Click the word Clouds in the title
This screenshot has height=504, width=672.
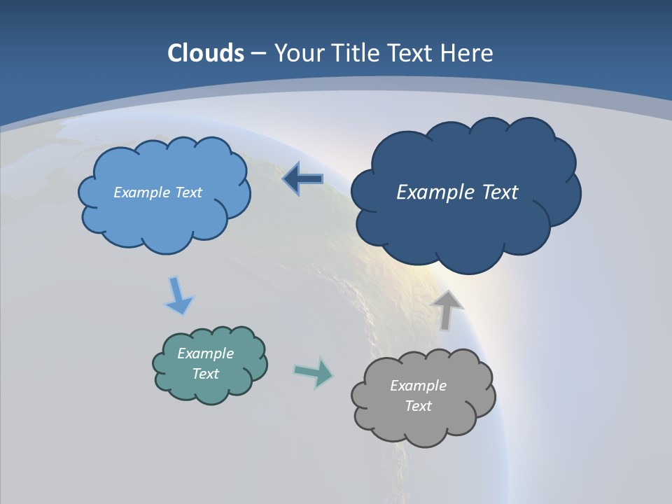[206, 52]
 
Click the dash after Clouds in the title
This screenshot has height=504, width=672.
[258, 53]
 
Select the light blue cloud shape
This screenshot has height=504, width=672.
[164, 217]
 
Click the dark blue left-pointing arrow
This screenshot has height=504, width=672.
[302, 179]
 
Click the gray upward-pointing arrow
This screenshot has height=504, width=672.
[447, 309]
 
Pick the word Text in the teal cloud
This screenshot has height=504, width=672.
[206, 374]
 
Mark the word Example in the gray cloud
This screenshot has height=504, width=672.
[418, 386]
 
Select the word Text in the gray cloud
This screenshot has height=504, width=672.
[418, 406]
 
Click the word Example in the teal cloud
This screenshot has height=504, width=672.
[206, 353]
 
